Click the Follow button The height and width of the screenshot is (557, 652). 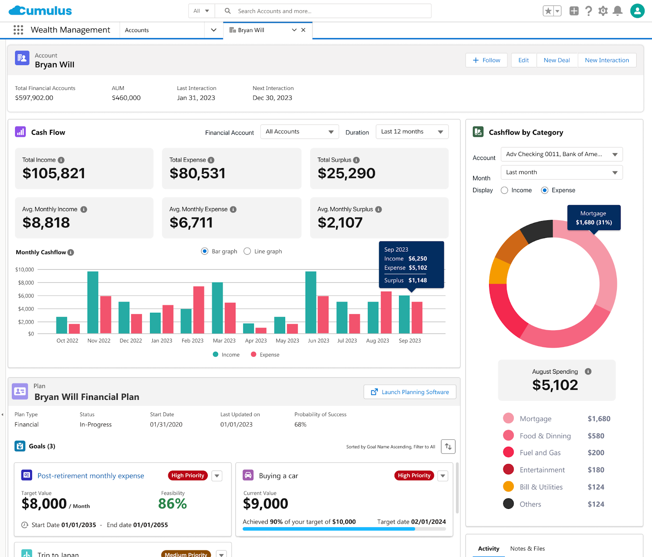point(486,60)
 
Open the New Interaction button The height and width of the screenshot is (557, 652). point(606,60)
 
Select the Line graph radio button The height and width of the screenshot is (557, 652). point(247,251)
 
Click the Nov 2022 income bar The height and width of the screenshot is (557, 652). point(93,302)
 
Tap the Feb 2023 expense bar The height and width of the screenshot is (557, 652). point(199,310)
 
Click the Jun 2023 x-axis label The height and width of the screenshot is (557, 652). point(318,341)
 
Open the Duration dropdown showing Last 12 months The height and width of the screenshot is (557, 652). point(412,132)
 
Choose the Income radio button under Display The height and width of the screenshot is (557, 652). point(504,190)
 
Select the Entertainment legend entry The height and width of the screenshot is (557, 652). point(542,470)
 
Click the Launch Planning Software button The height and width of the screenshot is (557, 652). point(410,392)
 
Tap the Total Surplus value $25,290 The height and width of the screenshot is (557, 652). point(346,173)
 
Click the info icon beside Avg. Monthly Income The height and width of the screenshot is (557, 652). point(84,209)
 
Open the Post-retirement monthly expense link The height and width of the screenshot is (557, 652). point(90,476)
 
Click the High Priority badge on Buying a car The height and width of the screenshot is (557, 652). point(414,476)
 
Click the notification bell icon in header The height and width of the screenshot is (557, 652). point(618,11)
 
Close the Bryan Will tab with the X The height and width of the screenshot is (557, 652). point(303,30)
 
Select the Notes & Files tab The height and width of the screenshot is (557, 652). point(527,548)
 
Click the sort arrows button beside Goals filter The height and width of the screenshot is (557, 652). point(448,447)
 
